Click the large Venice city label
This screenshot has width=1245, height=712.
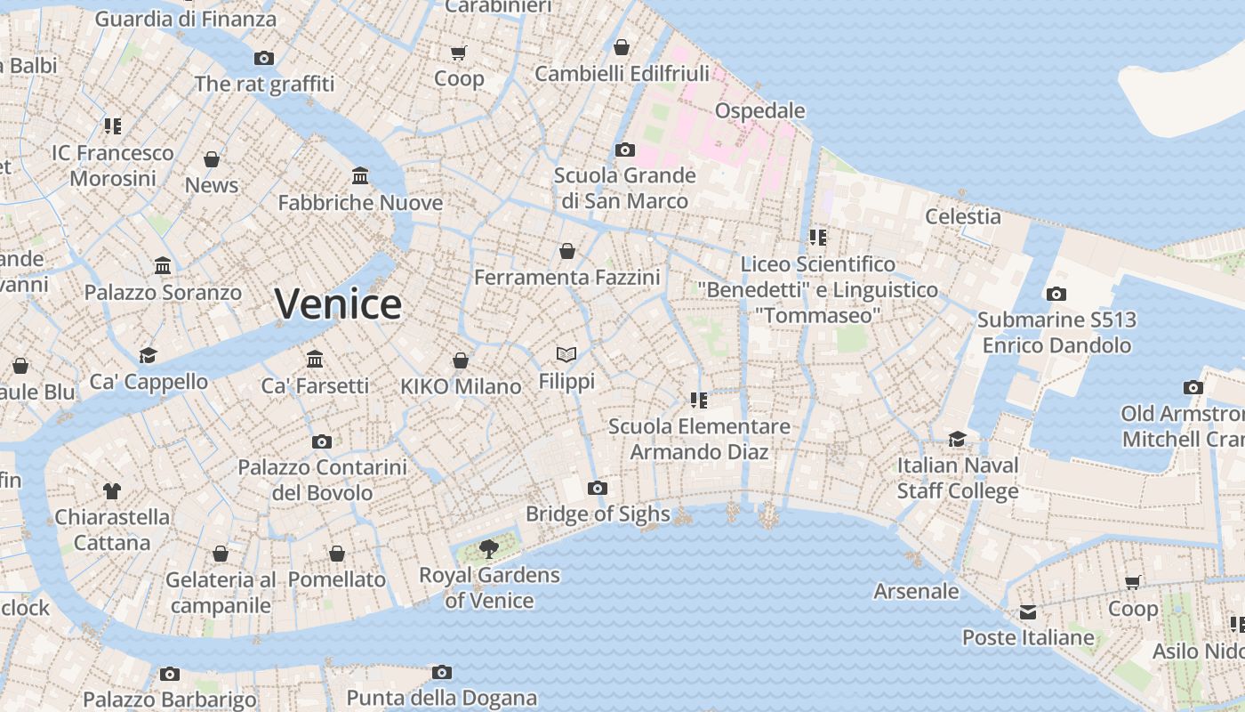coord(338,304)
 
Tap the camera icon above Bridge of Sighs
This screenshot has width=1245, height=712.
coord(598,488)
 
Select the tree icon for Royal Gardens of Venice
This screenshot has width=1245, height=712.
coord(488,548)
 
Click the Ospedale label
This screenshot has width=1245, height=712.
coord(760,111)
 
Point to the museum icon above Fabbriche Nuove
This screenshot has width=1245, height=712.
coord(360,175)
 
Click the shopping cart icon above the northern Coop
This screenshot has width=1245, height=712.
coord(459,53)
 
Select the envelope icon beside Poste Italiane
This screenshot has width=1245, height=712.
coord(1028,611)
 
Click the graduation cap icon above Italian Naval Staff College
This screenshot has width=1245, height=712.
coord(957,439)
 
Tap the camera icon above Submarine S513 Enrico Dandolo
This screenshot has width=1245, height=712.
coord(1056,294)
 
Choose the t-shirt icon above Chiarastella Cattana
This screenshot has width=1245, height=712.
coord(112,490)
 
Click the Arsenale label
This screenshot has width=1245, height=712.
coord(916,592)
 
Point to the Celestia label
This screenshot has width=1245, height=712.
coord(963,216)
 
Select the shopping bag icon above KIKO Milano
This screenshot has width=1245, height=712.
coord(461,360)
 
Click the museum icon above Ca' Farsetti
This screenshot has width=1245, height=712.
coord(315,359)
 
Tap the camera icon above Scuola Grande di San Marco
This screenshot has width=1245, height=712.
coord(625,150)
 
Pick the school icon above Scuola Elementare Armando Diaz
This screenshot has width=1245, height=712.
coord(699,400)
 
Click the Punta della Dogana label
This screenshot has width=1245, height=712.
coord(442,698)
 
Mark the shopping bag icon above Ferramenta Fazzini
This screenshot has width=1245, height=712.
coord(567,252)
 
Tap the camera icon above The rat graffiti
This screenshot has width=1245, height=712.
coord(264,58)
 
